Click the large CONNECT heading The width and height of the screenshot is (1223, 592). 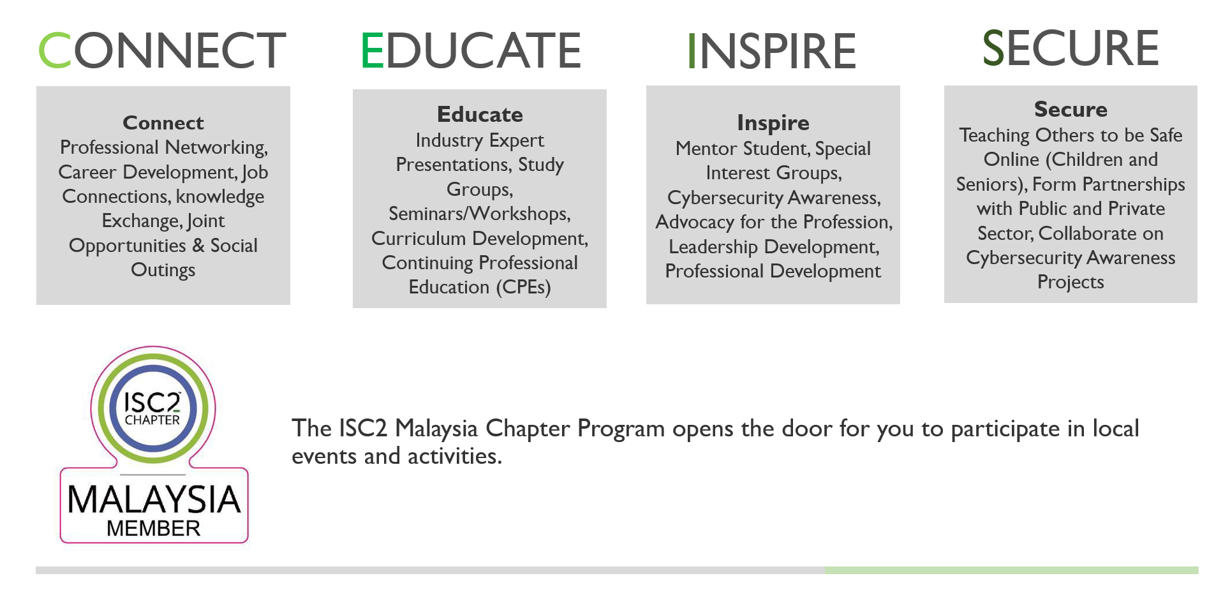coord(162,50)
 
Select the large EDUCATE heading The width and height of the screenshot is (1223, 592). coord(471,50)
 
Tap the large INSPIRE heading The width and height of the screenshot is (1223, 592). coord(772,51)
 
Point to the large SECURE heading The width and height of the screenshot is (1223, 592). coord(1071,48)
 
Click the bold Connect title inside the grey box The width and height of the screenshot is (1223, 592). coord(163,122)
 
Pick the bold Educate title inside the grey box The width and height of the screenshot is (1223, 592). coord(480,114)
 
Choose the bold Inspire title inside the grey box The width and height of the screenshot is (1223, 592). coord(773,122)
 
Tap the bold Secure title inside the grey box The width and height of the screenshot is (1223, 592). coord(1071,109)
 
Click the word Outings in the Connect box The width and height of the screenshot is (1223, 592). coord(163,270)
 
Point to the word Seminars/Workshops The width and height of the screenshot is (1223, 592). coord(479,214)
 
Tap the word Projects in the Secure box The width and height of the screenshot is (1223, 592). coord(1071,283)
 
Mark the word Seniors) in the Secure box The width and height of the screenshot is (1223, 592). coord(991,184)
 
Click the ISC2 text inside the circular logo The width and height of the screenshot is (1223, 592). coord(152,402)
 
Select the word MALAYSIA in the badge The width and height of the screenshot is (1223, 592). coord(154,499)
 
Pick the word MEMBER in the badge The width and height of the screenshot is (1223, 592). coord(153,528)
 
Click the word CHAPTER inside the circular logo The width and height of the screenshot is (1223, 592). coord(152,420)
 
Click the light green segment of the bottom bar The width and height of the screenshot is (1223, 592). coord(1011,570)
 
